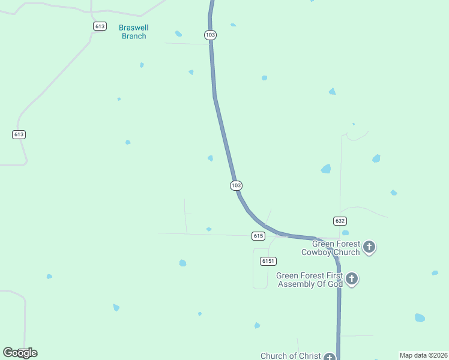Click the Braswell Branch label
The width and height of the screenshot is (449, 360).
pyautogui.click(x=134, y=32)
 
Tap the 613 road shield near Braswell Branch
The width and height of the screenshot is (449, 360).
pyautogui.click(x=100, y=26)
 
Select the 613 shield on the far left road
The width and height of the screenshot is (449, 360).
pyautogui.click(x=19, y=134)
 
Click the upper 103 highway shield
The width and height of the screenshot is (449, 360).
pyautogui.click(x=210, y=35)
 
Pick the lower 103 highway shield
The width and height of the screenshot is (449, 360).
pyautogui.click(x=237, y=185)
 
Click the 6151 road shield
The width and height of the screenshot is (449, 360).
pyautogui.click(x=268, y=261)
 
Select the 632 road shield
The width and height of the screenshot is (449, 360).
pyautogui.click(x=340, y=221)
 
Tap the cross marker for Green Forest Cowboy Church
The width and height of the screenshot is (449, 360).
pyautogui.click(x=369, y=247)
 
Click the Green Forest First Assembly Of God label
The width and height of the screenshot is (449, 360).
pyautogui.click(x=309, y=280)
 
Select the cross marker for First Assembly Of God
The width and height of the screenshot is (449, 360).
pyautogui.click(x=352, y=278)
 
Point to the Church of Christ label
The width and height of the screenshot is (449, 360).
pyautogui.click(x=291, y=356)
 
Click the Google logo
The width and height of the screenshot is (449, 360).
pyautogui.click(x=20, y=353)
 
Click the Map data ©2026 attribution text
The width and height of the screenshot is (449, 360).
pyautogui.click(x=423, y=355)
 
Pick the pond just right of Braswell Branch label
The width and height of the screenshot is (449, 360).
pyautogui.click(x=178, y=34)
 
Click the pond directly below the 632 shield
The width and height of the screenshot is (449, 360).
pyautogui.click(x=345, y=233)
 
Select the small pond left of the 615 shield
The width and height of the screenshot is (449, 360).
pyautogui.click(x=209, y=229)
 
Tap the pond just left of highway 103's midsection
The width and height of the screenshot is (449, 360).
pyautogui.click(x=210, y=158)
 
